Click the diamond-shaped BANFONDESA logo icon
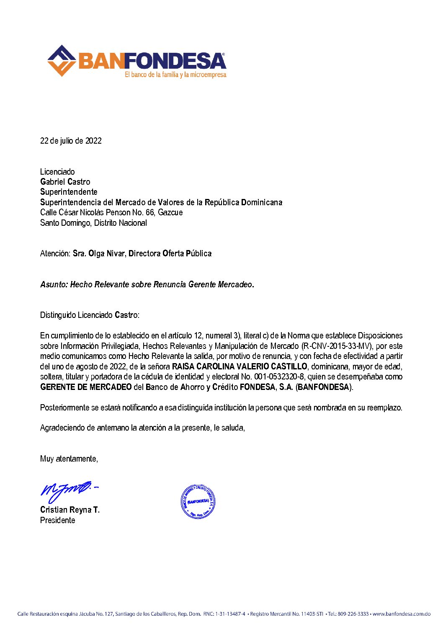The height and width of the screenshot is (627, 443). pos(62,61)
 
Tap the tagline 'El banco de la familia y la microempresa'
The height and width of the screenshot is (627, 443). pos(175,75)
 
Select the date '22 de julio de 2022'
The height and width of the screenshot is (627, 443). pos(71,141)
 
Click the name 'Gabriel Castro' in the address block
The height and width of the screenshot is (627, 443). pos(65,182)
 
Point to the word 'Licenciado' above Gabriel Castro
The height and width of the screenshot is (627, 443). pos(57,172)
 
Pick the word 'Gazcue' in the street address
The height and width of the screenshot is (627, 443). pos(170,212)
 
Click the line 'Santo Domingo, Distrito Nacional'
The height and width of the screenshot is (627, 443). pos(93,223)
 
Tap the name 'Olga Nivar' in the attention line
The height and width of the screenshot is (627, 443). pos(107,253)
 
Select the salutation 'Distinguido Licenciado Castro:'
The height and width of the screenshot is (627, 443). pos(90,315)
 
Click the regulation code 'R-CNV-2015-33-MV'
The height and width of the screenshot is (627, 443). pos(337,346)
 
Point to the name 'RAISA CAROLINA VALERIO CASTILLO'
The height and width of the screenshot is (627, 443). pos(240,366)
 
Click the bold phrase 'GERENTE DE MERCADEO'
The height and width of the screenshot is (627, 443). pos(86,387)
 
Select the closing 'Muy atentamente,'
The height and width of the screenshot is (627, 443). pos(69,459)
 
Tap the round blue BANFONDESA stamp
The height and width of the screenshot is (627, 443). pos(198,501)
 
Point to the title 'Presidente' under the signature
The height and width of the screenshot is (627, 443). pos(58,520)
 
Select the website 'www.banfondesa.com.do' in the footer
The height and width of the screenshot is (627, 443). pos(402,614)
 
